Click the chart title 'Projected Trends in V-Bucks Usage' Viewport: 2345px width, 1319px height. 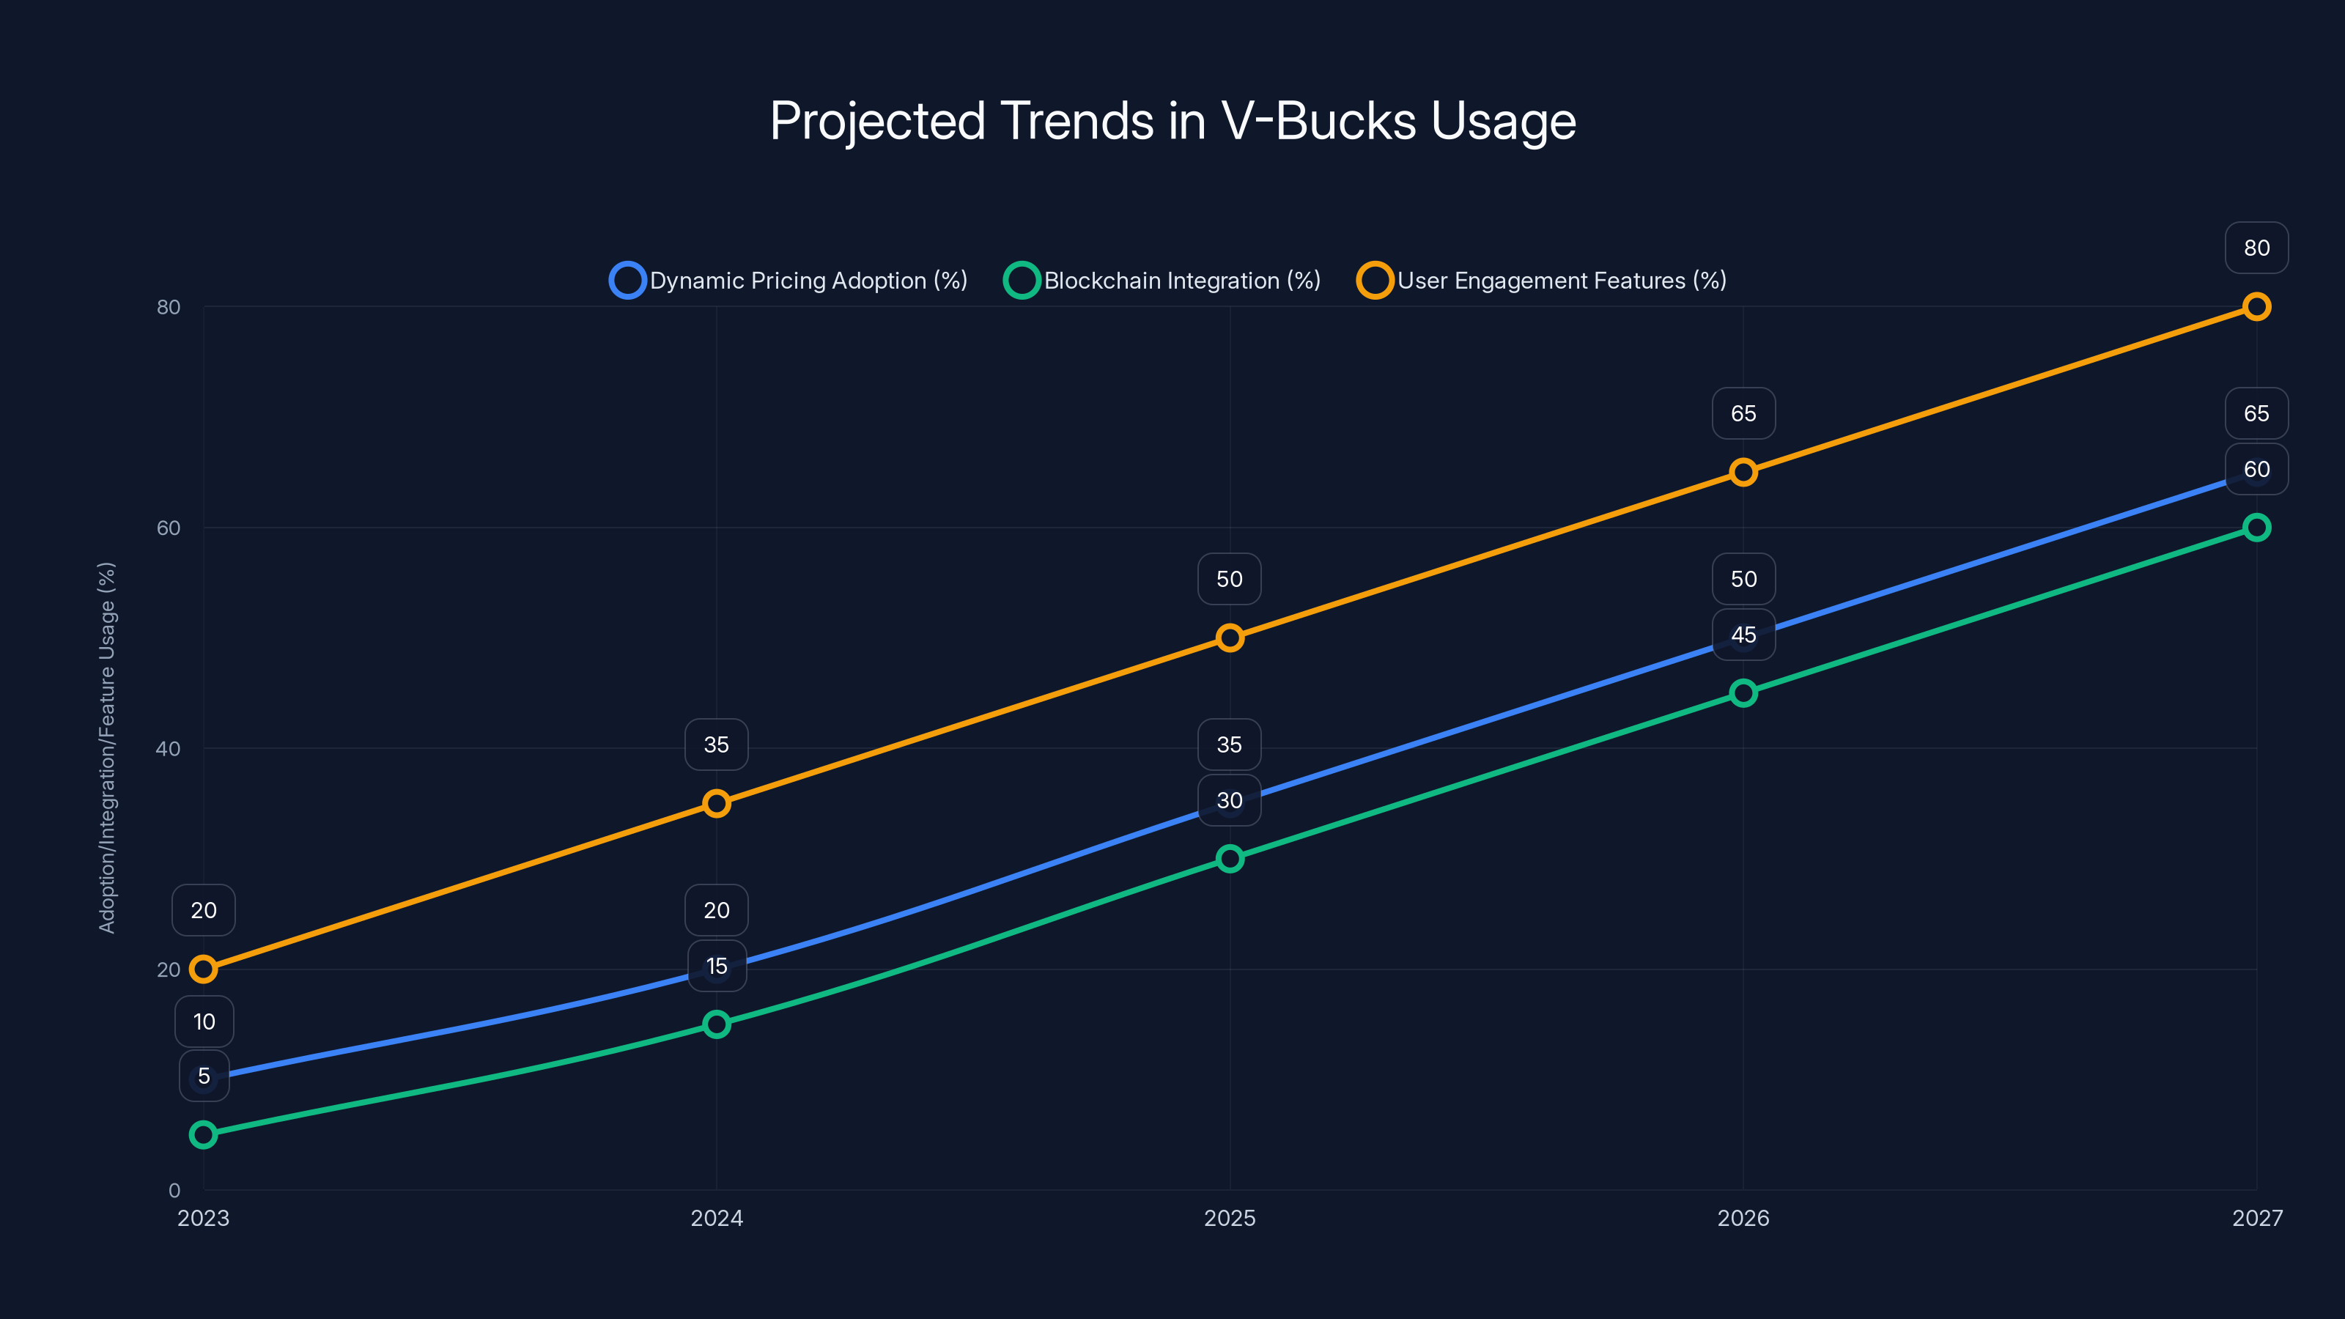tap(1172, 121)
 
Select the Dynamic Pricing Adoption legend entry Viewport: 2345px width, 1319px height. tap(789, 281)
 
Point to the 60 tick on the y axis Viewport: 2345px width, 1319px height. tap(169, 528)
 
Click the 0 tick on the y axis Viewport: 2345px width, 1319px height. tap(174, 1191)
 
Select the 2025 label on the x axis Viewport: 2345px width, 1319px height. tap(1229, 1218)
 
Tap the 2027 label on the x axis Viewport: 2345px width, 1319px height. tap(2257, 1218)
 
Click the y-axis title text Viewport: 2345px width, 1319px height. tap(106, 747)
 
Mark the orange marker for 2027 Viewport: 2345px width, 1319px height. tap(2256, 307)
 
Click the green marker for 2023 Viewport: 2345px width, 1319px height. tap(203, 1134)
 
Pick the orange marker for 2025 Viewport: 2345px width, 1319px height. tap(1229, 638)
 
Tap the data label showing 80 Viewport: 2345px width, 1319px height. tap(2256, 248)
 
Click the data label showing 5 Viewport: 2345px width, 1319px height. tap(204, 1076)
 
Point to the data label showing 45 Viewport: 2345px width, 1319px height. tap(1743, 635)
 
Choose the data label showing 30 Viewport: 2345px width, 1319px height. tap(1229, 800)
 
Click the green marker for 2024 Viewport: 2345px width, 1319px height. tap(717, 1024)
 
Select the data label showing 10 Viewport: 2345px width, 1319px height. tap(204, 1021)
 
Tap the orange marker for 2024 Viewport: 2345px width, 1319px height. tap(717, 804)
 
